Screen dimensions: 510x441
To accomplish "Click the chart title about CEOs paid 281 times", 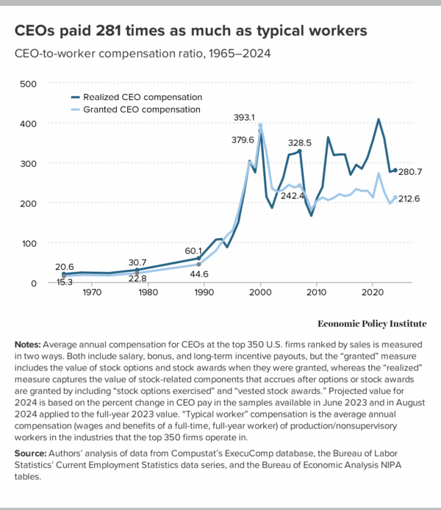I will [191, 31].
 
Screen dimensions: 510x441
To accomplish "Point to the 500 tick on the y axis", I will [27, 84].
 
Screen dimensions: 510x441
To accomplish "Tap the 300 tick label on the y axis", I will [27, 163].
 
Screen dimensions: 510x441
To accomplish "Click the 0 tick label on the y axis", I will [33, 283].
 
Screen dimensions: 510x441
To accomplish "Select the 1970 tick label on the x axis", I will [91, 293].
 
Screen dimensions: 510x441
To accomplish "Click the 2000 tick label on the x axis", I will [260, 293].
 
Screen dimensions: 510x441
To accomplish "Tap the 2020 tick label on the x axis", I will [372, 293].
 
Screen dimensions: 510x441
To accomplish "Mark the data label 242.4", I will [293, 196].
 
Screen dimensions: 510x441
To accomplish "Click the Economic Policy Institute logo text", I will [371, 323].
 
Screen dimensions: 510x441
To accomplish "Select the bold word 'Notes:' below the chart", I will [29, 345].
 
